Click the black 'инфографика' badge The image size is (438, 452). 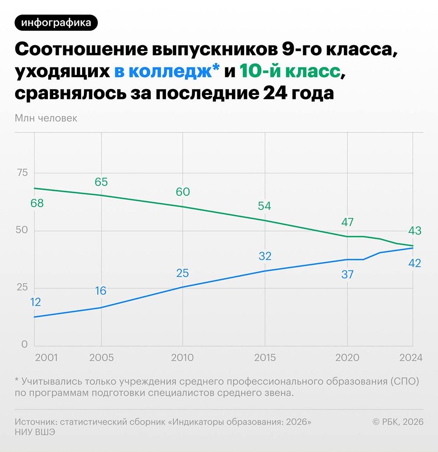(x=56, y=22)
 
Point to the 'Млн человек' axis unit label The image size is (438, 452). (x=46, y=118)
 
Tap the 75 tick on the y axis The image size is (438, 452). (x=22, y=173)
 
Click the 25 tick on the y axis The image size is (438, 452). (x=22, y=287)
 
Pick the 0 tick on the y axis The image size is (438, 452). (x=24, y=344)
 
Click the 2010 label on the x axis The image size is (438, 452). (x=182, y=358)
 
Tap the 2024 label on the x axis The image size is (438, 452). (x=410, y=358)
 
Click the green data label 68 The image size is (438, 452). (x=37, y=203)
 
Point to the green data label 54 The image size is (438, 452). (x=264, y=206)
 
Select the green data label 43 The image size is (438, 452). (x=414, y=231)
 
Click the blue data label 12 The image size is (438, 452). (x=35, y=302)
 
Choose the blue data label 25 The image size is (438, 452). (x=182, y=273)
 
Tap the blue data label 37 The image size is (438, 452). (x=347, y=274)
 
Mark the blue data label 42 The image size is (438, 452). (x=414, y=263)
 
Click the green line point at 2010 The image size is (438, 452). (x=183, y=207)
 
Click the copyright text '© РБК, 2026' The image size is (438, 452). (x=398, y=422)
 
